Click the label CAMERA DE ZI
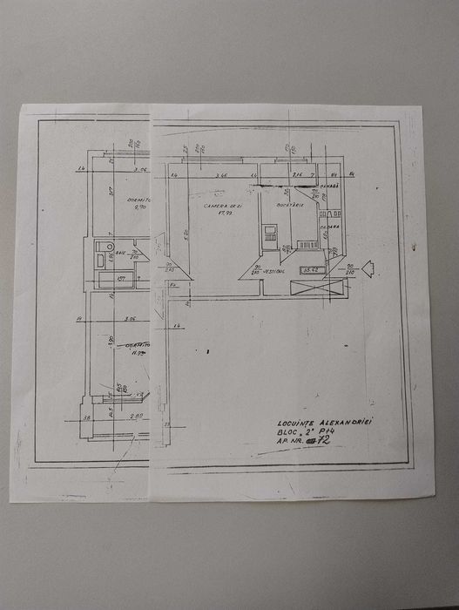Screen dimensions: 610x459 coord(214,205)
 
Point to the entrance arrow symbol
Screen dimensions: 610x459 coord(368,268)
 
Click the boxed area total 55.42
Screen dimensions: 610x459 coord(312,270)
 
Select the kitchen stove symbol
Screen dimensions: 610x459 coord(271,232)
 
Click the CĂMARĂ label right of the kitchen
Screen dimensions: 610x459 coord(327,186)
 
